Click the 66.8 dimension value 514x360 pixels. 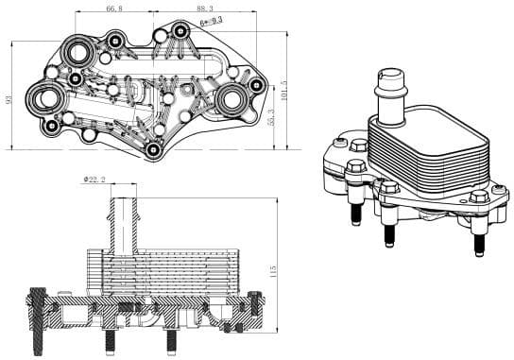(114, 8)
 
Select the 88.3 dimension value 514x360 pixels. (204, 8)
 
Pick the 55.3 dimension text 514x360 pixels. (272, 119)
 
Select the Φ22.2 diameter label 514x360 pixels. (95, 179)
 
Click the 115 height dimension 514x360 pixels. (274, 271)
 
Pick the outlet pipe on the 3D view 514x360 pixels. (390, 92)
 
